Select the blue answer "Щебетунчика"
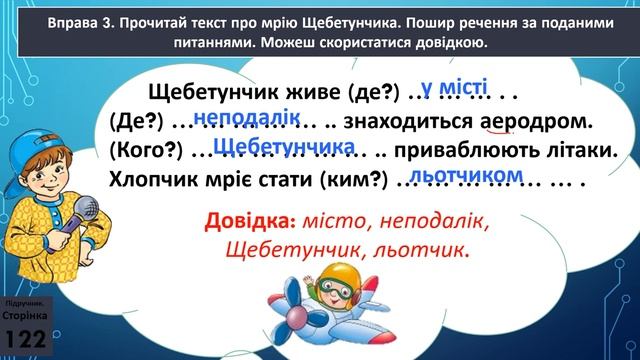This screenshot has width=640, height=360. (x=285, y=148)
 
